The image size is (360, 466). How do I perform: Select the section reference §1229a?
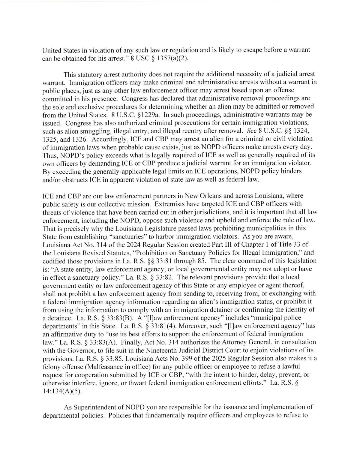click(x=107, y=114)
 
